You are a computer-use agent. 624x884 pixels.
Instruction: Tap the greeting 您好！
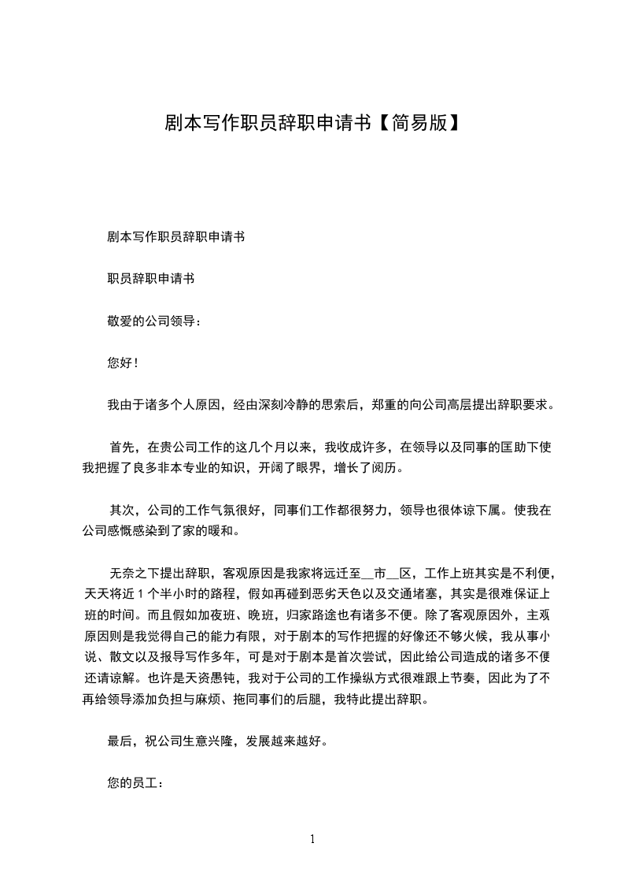[x=123, y=363]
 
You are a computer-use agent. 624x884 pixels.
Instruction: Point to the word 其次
[x=123, y=510]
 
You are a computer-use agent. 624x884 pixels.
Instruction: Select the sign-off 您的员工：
[x=134, y=783]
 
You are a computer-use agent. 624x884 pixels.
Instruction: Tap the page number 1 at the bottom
[x=312, y=839]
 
